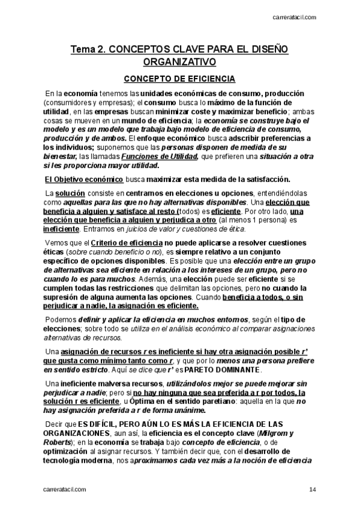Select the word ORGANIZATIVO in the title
coord(179,62)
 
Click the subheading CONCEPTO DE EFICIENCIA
coord(179,79)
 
